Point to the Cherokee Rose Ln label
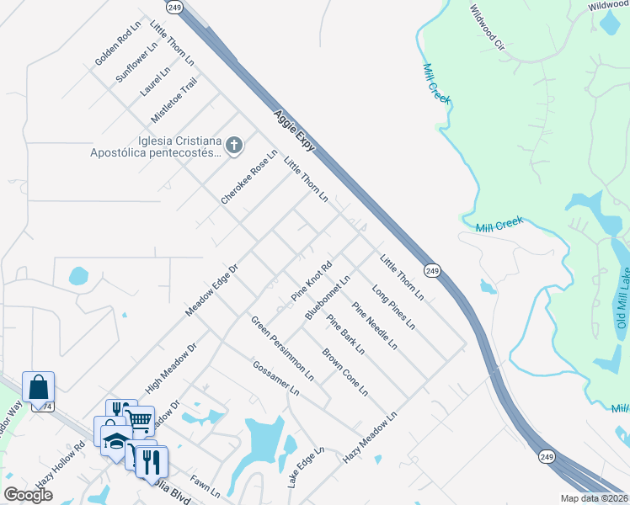click(249, 177)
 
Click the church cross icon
click(233, 146)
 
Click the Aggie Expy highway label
click(293, 131)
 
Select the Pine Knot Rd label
click(312, 281)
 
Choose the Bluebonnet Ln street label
click(328, 295)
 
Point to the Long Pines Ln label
click(393, 308)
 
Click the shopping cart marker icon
click(141, 418)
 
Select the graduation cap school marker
click(115, 438)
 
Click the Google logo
click(28, 494)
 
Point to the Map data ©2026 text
click(594, 498)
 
